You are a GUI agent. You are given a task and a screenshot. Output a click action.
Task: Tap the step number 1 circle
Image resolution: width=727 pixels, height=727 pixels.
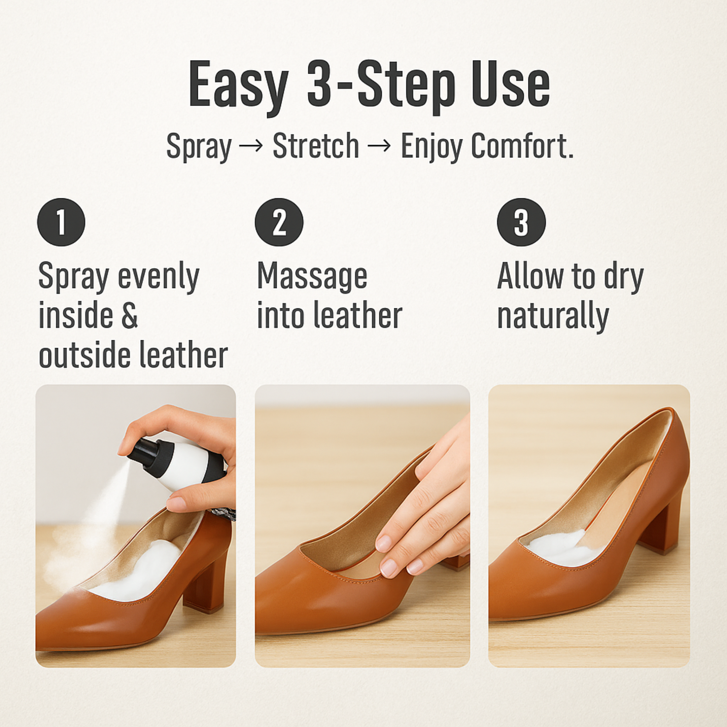pyautogui.click(x=61, y=222)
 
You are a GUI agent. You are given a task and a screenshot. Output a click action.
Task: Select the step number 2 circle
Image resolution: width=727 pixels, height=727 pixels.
pyautogui.click(x=279, y=222)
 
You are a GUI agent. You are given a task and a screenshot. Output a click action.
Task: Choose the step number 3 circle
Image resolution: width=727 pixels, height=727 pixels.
pyautogui.click(x=521, y=222)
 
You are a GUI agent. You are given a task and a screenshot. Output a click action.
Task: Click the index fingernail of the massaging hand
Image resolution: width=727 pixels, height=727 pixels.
pyautogui.click(x=384, y=543)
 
